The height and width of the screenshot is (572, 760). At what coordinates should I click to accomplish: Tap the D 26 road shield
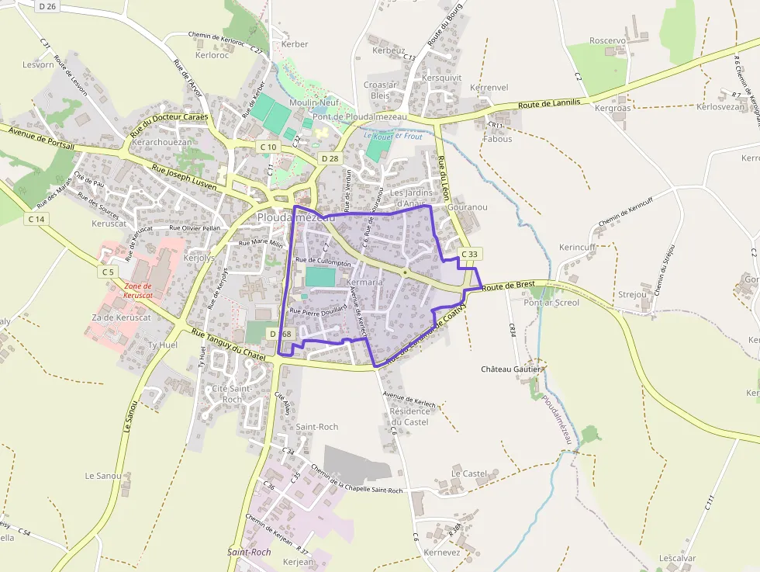pyautogui.click(x=47, y=6)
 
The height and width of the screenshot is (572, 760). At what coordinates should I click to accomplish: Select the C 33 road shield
pyautogui.click(x=470, y=254)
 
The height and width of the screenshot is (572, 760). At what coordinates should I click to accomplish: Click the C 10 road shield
pyautogui.click(x=268, y=147)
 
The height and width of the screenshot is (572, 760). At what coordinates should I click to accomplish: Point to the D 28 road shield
pyautogui.click(x=330, y=158)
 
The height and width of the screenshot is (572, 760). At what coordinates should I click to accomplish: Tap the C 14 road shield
pyautogui.click(x=36, y=219)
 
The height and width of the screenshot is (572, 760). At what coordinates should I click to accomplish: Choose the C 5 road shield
pyautogui.click(x=107, y=272)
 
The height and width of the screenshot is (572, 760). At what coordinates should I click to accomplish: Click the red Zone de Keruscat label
pyautogui.click(x=138, y=290)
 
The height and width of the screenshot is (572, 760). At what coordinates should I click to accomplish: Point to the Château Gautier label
pyautogui.click(x=511, y=369)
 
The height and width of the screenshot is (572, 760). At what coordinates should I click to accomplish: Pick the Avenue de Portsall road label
pyautogui.click(x=42, y=136)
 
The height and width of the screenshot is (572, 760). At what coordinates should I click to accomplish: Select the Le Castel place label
pyautogui.click(x=468, y=473)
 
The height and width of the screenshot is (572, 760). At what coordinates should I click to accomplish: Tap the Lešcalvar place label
pyautogui.click(x=677, y=558)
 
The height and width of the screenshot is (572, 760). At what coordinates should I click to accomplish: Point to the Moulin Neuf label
pyautogui.click(x=314, y=102)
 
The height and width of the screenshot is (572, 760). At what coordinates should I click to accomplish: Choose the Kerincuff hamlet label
pyautogui.click(x=577, y=247)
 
